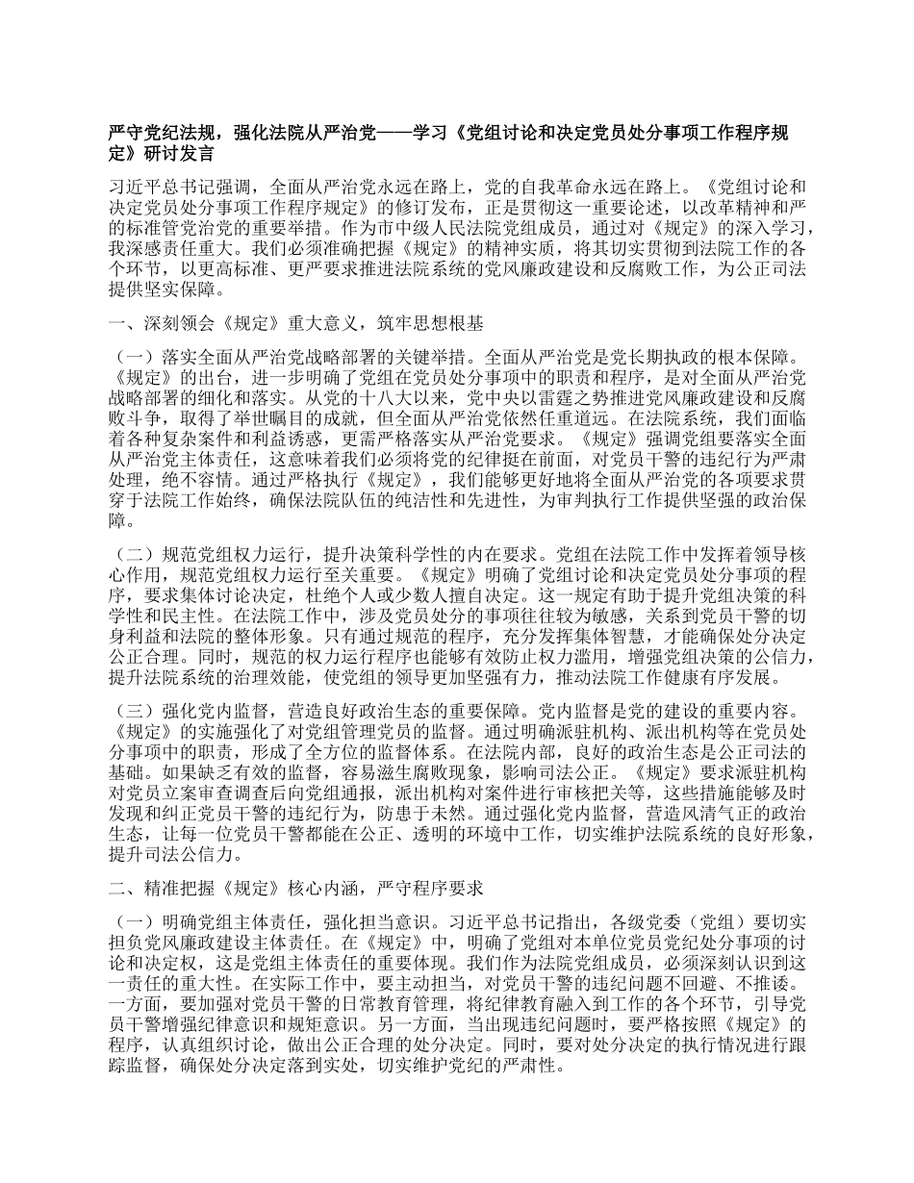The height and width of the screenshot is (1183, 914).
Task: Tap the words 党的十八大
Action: coord(357,393)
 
